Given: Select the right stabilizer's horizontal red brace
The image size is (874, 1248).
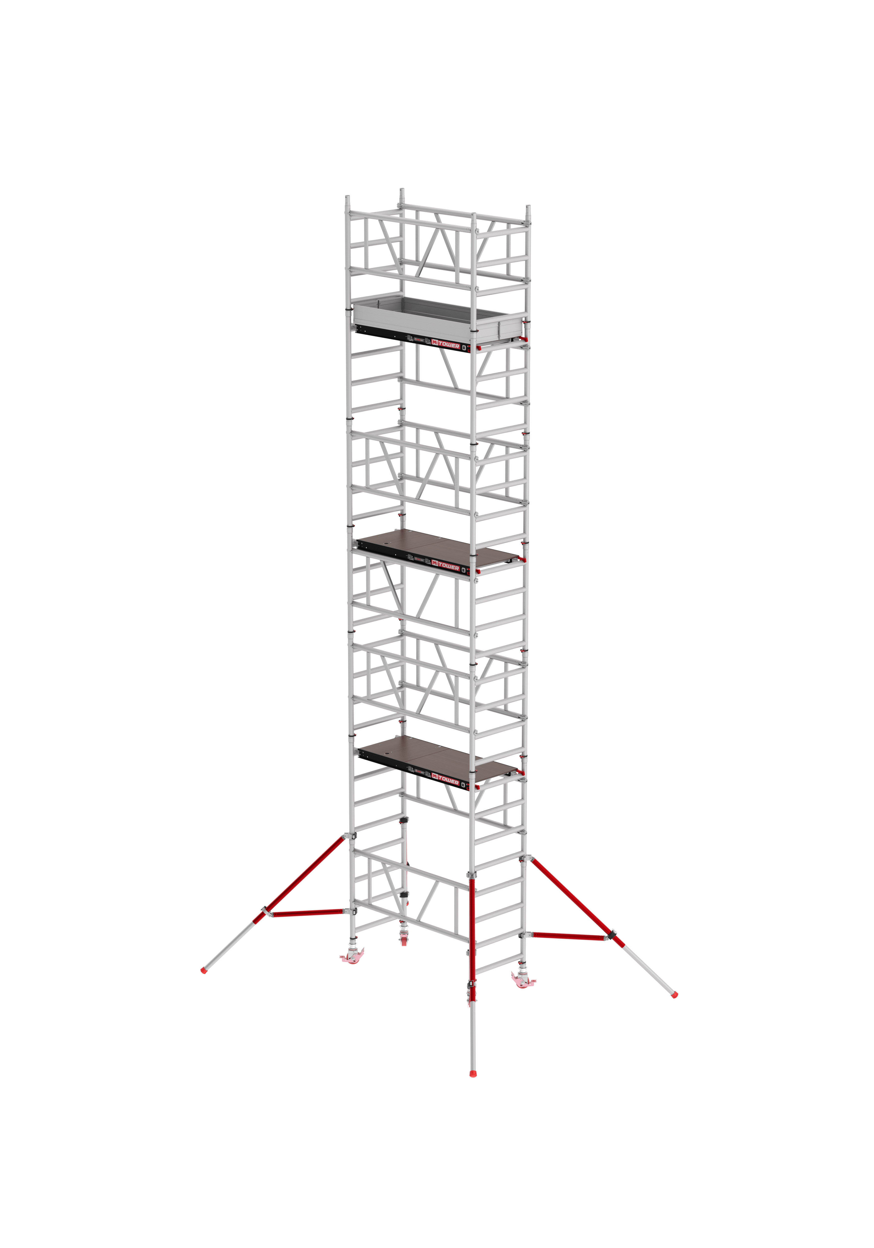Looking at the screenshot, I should (571, 936).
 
